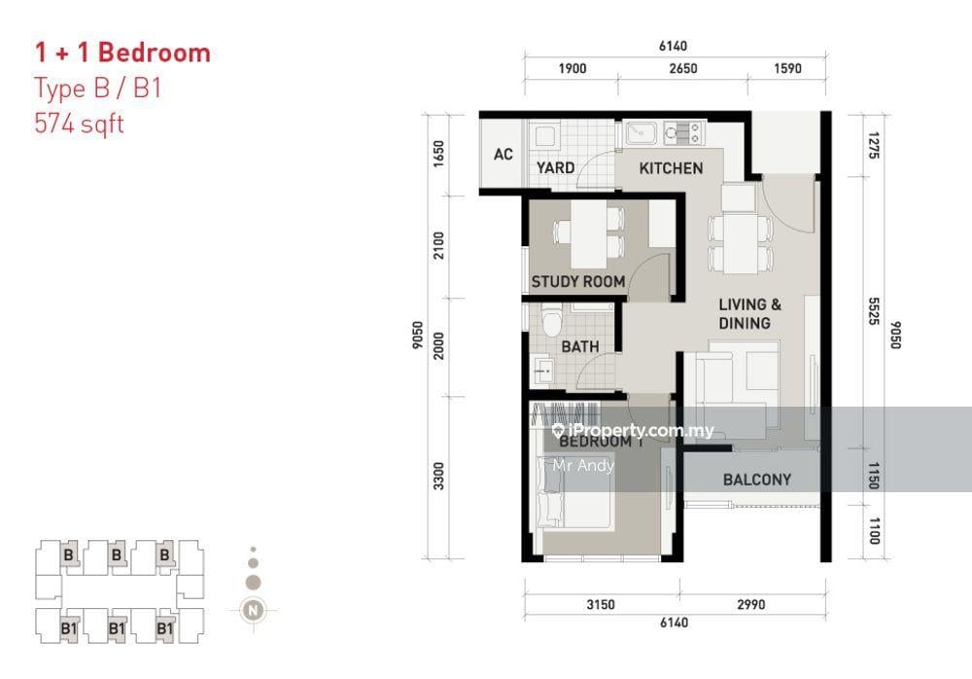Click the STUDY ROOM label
[577, 282]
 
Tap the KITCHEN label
[671, 168]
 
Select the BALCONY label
[757, 480]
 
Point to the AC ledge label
[503, 154]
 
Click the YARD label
[555, 167]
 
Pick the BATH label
[580, 346]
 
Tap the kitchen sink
[642, 133]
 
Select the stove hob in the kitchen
[682, 133]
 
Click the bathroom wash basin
[543, 371]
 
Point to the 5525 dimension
[874, 311]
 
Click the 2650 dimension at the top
[683, 68]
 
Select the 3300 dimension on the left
[438, 476]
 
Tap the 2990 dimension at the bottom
[750, 604]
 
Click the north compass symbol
[253, 610]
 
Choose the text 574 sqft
[80, 124]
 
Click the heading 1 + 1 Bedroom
[122, 53]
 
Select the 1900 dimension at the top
[573, 68]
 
